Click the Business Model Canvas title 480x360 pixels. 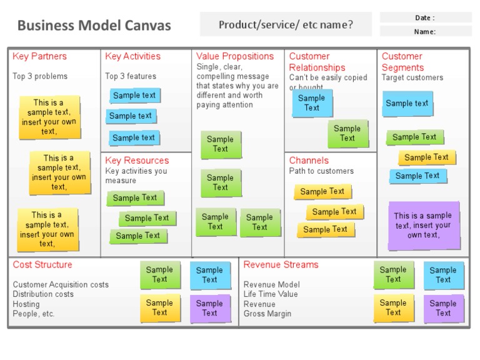pos(94,26)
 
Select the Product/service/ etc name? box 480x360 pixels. pos(286,25)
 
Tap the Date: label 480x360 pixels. pos(425,17)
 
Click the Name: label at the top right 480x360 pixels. pos(425,31)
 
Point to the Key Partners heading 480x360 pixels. pos(39,56)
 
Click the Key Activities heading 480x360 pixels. pos(132,56)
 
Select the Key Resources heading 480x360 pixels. pos(137,161)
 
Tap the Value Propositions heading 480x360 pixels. pos(235,56)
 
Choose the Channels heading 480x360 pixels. pos(309,161)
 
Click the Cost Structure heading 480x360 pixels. pos(42,265)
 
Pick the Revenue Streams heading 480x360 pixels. pos(281,265)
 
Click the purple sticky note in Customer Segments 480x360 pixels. pos(423,226)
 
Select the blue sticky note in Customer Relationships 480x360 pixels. pos(312,103)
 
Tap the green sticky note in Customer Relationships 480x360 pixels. pos(347,133)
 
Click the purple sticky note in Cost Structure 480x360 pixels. pos(209,308)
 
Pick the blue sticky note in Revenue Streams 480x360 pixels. pos(443,275)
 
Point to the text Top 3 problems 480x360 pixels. pos(40,76)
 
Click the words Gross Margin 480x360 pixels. pos(267,314)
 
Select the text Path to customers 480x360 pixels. pos(321,171)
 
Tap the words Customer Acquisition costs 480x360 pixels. pos(61,285)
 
